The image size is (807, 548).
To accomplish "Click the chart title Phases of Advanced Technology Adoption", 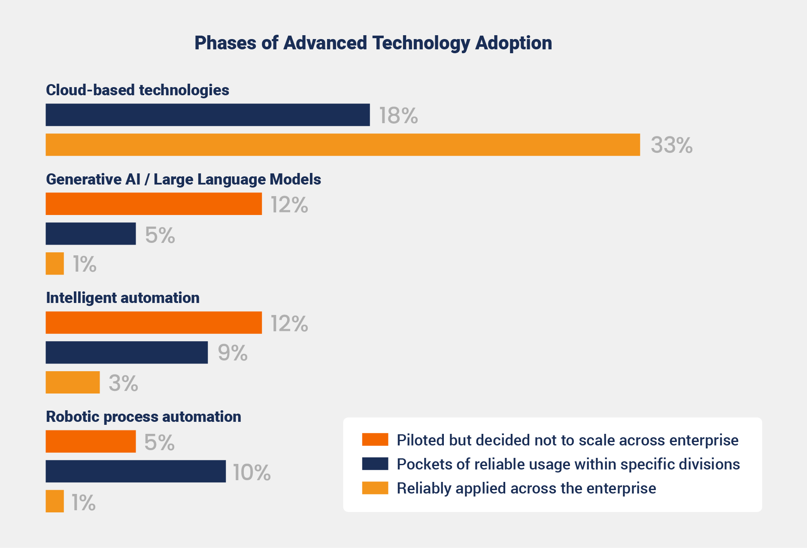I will coord(373,43).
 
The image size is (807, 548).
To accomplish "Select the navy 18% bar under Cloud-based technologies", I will coord(208,115).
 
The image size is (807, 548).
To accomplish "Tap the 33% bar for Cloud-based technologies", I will coord(343,145).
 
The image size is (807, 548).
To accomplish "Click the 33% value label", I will coord(671,145).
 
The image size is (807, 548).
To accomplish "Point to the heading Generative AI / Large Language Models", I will coord(183,179).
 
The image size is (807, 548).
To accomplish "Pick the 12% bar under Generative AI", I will coord(154,204).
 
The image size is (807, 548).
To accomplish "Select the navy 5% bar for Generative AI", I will coord(91,234).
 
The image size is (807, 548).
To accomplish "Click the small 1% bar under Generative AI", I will coord(55,263).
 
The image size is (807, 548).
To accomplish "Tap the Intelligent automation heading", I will coord(123,298).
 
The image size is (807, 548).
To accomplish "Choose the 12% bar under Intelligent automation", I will coord(154,323).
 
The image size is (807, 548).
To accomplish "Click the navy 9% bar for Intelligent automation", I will coord(127,353).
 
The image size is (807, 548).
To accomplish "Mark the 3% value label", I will coord(123,383).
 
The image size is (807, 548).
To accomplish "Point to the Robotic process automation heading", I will coord(143,417).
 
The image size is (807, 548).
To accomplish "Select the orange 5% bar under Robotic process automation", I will coord(91,442).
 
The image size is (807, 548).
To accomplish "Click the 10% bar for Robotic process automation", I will coord(136,471).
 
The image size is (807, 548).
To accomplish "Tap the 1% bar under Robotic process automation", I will coord(55,501).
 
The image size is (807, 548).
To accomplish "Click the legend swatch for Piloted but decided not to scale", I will coord(375,440).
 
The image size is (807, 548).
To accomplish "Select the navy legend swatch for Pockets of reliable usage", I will coord(375,464).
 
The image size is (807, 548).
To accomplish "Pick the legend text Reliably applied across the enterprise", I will coord(526,488).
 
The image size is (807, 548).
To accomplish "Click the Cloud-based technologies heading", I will coord(137,90).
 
